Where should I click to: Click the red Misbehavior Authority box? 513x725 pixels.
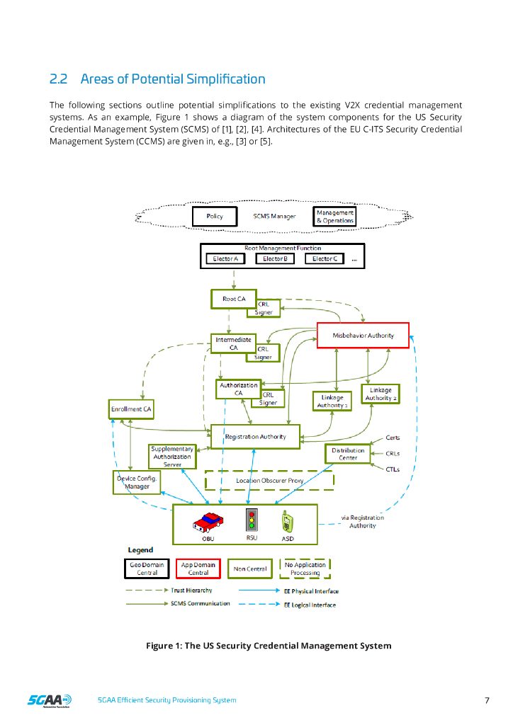pos(363,336)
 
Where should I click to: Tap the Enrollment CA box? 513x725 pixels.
pos(131,409)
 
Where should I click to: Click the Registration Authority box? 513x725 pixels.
pos(255,437)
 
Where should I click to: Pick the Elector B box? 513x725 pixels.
pos(274,259)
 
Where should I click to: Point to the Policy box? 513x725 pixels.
pos(215,217)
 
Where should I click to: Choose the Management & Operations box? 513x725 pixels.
pos(334,217)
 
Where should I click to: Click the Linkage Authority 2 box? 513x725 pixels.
pos(381,394)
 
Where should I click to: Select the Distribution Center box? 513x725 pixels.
pos(348,454)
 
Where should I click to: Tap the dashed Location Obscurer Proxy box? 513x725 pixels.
pos(269,481)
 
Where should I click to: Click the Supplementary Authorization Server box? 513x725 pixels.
pos(171,457)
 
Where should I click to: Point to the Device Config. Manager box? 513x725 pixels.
pos(137,482)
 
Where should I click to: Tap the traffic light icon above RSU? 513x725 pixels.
pos(251,520)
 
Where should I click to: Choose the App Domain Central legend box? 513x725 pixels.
pos(198,569)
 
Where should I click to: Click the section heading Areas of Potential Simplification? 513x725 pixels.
pos(157,79)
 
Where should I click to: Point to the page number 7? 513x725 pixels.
pos(487,701)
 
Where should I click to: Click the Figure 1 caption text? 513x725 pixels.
pos(269,646)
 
